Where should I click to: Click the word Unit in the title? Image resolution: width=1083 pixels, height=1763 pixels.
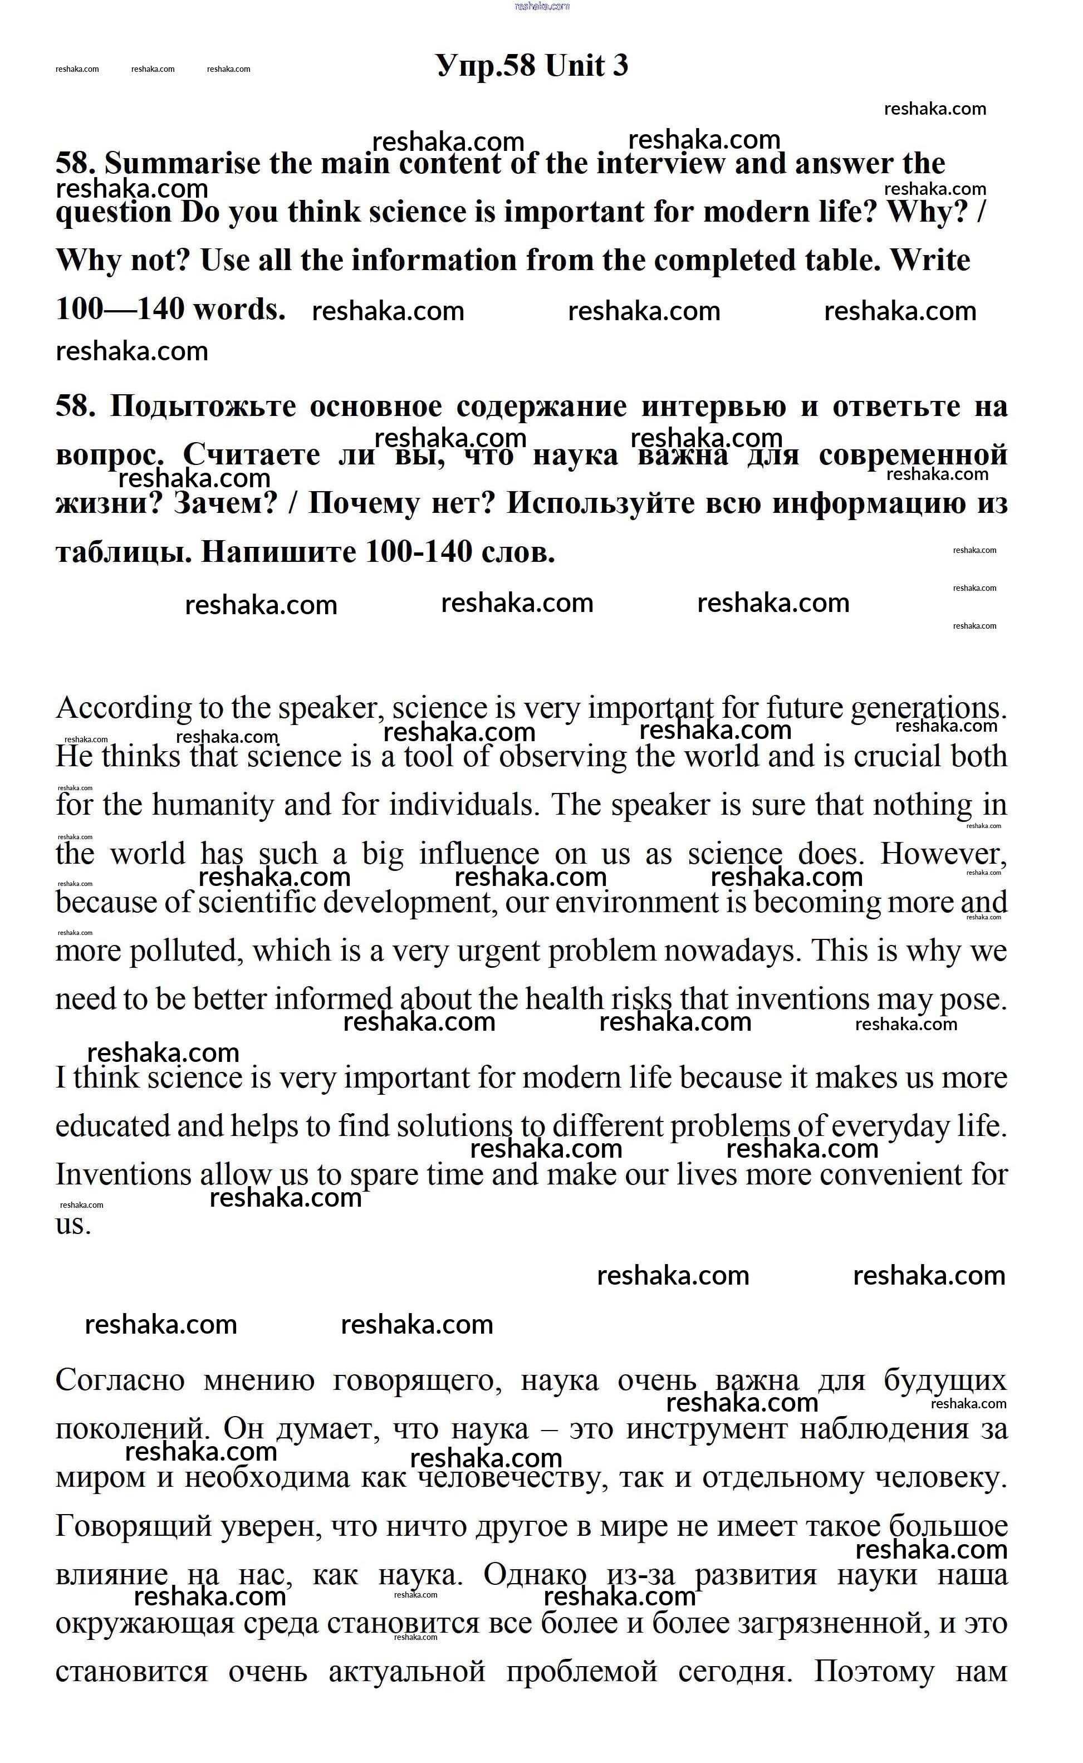[x=575, y=66]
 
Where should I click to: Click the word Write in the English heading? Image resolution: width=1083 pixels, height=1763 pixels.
[x=930, y=261]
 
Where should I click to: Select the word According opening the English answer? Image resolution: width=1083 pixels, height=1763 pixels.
[x=123, y=708]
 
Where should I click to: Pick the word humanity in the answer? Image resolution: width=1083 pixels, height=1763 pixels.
[x=213, y=806]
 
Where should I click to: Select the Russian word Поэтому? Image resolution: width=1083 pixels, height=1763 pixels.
[x=874, y=1673]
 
